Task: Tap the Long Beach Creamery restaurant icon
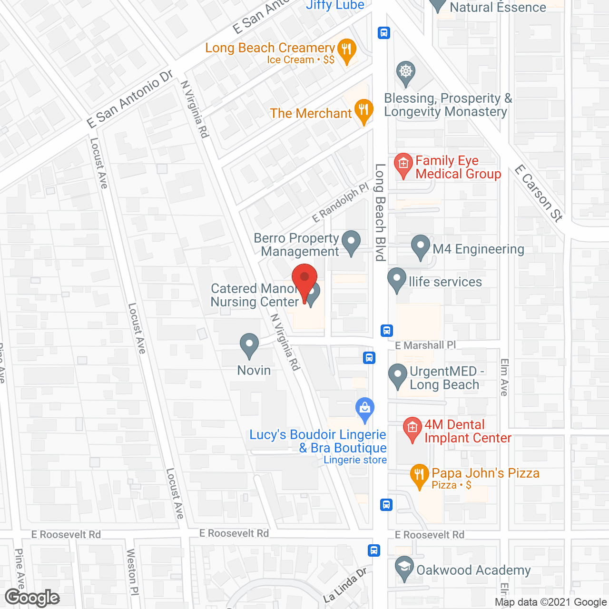click(347, 50)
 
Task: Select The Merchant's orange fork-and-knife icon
click(363, 111)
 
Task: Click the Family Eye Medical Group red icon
click(403, 165)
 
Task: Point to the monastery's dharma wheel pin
click(405, 73)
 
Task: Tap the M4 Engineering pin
click(421, 246)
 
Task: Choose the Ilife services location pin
click(397, 279)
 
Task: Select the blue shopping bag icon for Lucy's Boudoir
click(365, 409)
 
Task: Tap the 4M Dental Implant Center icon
click(412, 428)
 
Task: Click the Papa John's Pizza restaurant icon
click(419, 475)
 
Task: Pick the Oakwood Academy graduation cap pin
click(404, 568)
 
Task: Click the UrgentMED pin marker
click(398, 375)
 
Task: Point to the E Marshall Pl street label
click(425, 345)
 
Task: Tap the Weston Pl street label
click(132, 571)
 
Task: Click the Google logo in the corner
click(32, 598)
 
